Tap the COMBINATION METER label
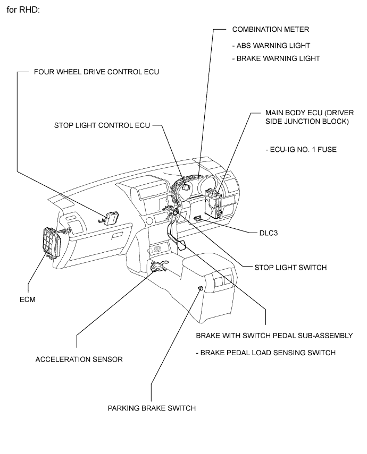point(271,29)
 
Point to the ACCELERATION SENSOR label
point(79,359)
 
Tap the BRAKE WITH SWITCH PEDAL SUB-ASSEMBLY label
point(274,336)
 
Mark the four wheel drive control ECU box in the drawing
point(111,218)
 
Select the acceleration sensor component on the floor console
point(159,267)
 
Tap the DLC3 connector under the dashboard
point(197,218)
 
